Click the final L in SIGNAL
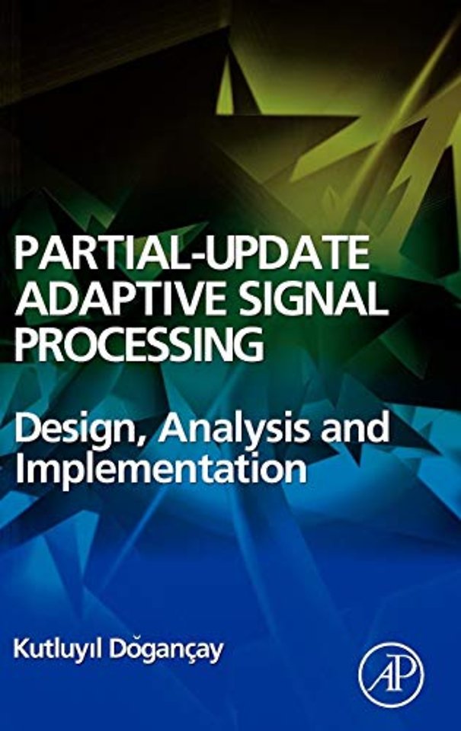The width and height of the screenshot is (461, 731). pos(379,301)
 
